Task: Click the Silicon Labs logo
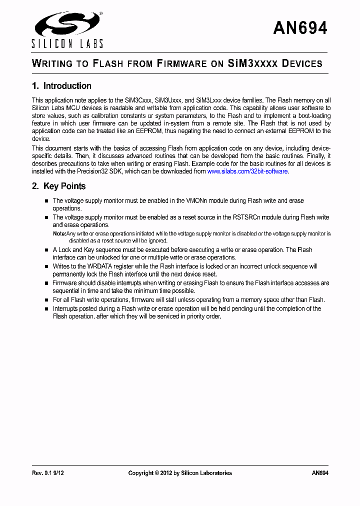[x=67, y=29]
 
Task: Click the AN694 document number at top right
[x=300, y=28]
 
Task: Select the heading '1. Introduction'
[x=61, y=86]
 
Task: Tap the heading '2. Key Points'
[x=58, y=186]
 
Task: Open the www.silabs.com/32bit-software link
[x=247, y=171]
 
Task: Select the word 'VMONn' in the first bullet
[x=198, y=201]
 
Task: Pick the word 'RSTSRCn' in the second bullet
[x=244, y=217]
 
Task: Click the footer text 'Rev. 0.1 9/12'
[x=48, y=473]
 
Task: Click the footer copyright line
[x=180, y=473]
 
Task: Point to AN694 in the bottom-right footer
[x=320, y=473]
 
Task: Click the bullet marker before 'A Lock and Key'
[x=46, y=250]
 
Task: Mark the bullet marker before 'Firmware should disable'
[x=46, y=283]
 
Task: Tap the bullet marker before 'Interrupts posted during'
[x=46, y=309]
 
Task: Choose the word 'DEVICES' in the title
[x=302, y=63]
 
